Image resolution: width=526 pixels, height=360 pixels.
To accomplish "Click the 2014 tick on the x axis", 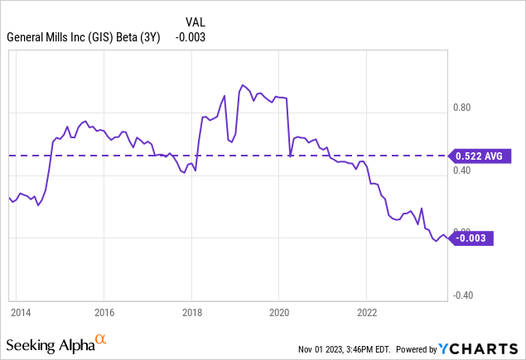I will pyautogui.click(x=21, y=313).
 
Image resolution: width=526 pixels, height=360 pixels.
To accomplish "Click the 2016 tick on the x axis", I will pyautogui.click(x=104, y=313).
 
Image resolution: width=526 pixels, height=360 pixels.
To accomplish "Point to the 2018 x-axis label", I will pyautogui.click(x=192, y=313).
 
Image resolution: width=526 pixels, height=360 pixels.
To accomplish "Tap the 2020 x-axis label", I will pyautogui.click(x=279, y=313).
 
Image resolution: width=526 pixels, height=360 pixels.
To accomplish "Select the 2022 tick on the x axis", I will pyautogui.click(x=367, y=313).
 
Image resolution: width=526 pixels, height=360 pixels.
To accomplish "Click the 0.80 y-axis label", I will pyautogui.click(x=461, y=108).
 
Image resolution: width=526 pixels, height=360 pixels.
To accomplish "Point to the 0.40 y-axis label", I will pyautogui.click(x=461, y=170).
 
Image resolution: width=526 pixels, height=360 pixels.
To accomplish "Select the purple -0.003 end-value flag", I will pyautogui.click(x=471, y=238).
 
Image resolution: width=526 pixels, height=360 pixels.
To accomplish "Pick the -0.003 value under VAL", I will pyautogui.click(x=191, y=36).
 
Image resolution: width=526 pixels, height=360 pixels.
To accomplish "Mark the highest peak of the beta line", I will pyautogui.click(x=242, y=84).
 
